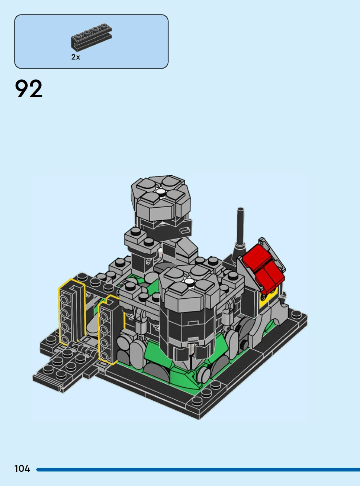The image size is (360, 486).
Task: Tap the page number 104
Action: [22, 469]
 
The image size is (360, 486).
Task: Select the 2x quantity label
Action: [75, 57]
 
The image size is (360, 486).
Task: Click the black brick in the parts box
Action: [91, 37]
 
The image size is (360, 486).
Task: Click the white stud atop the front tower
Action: [188, 281]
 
